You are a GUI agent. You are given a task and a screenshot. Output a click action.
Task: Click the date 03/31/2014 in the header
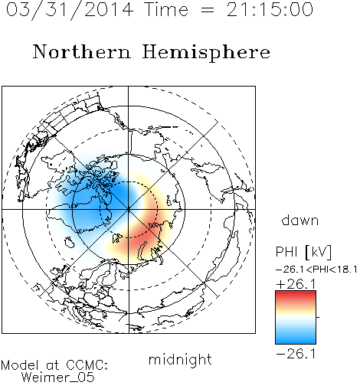70,10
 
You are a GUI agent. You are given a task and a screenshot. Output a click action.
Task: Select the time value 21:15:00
270,9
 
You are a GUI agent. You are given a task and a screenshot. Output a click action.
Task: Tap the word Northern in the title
82,51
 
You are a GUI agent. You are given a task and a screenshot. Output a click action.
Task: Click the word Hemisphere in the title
206,52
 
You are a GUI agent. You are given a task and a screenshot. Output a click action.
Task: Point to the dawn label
300,220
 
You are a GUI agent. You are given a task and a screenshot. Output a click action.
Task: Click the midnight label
180,359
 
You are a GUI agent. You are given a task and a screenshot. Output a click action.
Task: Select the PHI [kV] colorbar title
303,252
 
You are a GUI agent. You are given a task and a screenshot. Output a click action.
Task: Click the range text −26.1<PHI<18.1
316,270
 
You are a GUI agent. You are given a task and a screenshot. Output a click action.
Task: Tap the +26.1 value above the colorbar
296,284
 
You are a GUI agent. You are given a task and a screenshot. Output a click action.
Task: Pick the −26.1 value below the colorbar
296,354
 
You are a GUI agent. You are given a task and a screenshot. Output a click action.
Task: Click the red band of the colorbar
296,296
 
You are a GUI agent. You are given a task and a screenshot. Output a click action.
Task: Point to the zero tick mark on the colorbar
318,317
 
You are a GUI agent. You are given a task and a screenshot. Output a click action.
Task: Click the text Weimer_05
58,378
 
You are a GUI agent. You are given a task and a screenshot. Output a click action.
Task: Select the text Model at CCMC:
54,365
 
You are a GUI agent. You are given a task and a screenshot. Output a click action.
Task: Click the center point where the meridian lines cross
129,210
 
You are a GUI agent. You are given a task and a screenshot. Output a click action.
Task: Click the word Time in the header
166,9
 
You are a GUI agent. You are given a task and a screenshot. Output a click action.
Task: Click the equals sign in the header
208,10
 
